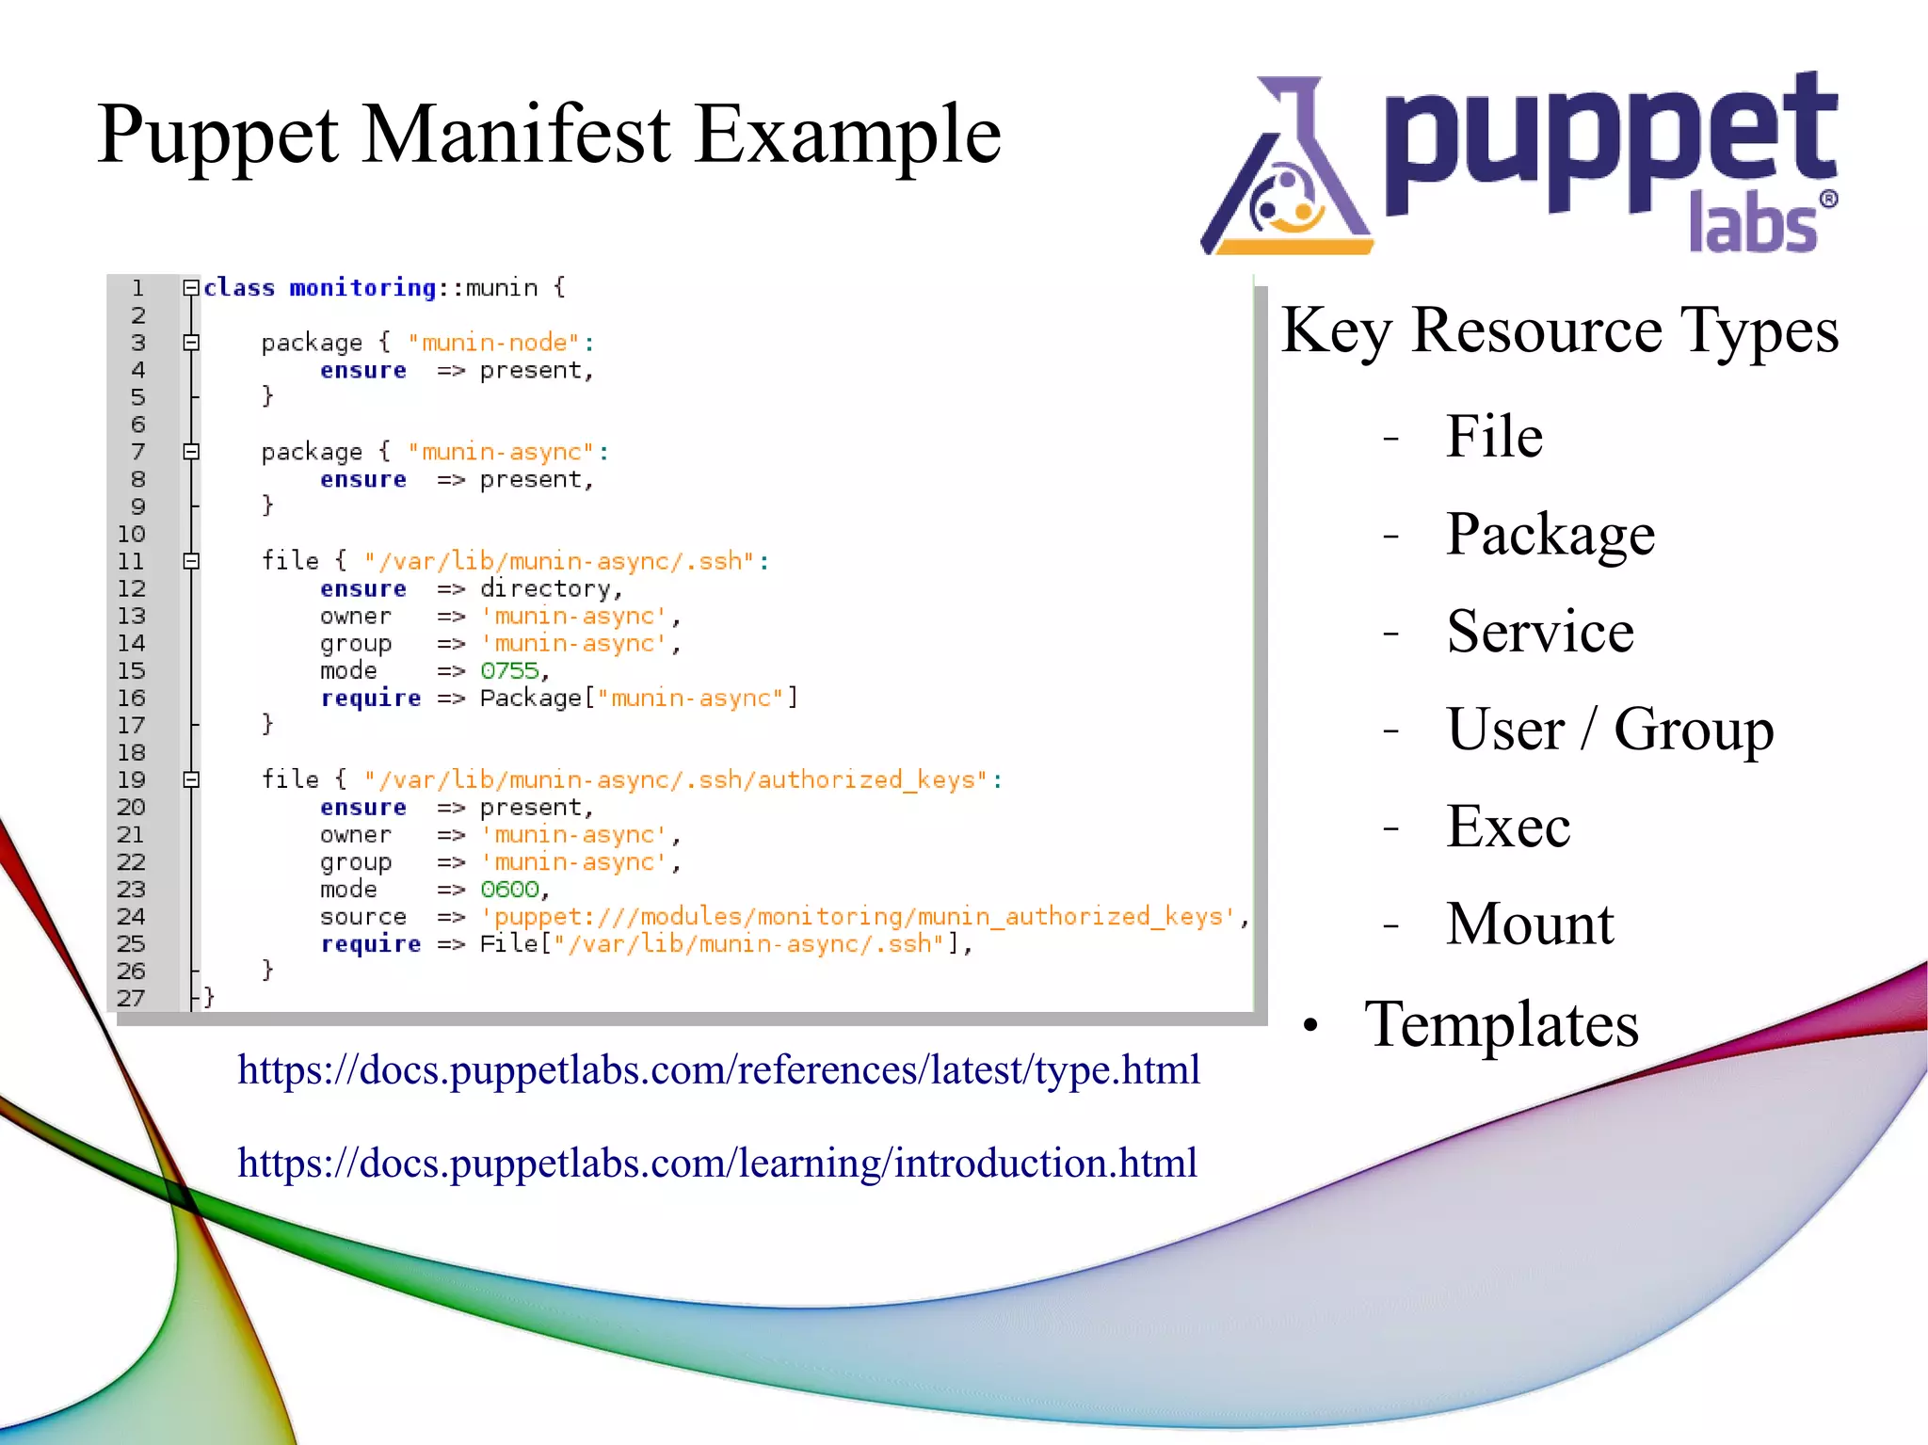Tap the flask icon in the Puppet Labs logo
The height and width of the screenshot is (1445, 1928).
click(1287, 174)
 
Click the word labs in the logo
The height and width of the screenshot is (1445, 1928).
click(1752, 224)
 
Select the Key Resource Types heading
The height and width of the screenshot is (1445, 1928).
click(1559, 330)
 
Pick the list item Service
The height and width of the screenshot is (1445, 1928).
click(1539, 631)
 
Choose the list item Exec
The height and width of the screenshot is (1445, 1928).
click(1507, 827)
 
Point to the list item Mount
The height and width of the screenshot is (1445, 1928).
click(1530, 923)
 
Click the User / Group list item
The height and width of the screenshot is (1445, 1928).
click(1609, 729)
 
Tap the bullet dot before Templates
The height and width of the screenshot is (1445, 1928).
click(1310, 1026)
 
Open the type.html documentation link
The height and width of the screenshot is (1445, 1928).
click(718, 1070)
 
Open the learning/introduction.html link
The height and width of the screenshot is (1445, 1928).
click(716, 1164)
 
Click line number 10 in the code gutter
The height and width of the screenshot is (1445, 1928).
click(132, 534)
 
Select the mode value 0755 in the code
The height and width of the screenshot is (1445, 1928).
click(509, 670)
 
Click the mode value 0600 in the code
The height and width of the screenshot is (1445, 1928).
click(509, 889)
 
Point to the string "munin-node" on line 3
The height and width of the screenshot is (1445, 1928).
click(493, 343)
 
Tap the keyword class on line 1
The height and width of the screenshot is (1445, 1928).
click(239, 288)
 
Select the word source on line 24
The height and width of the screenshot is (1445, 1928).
click(362, 916)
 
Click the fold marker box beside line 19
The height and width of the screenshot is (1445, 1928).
click(191, 779)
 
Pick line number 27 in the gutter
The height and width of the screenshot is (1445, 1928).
click(131, 998)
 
